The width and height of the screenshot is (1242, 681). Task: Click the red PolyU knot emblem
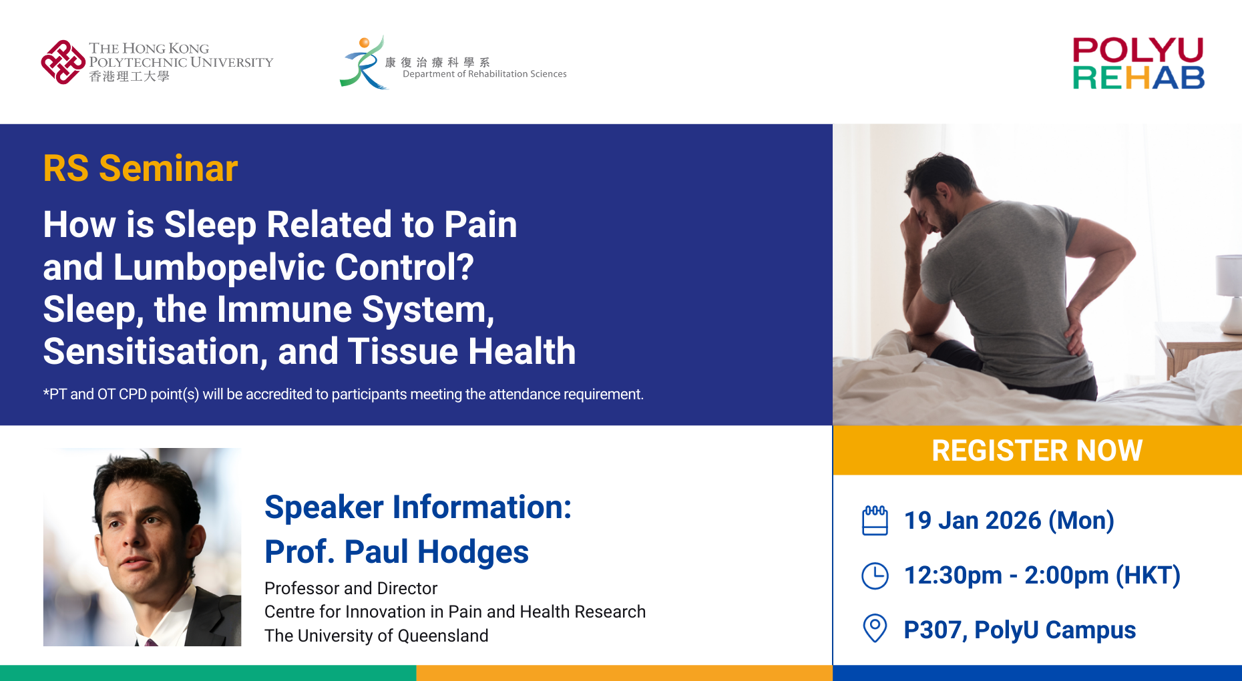[63, 62]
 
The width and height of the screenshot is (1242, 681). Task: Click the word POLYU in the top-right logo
[1138, 50]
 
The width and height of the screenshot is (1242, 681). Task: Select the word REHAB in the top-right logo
[1138, 78]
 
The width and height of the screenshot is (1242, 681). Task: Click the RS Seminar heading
[140, 168]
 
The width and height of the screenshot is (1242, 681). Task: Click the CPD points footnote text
[343, 395]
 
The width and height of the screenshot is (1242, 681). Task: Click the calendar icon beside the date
[875, 520]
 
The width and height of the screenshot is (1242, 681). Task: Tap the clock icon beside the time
[875, 576]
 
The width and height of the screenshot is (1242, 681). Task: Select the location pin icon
[875, 628]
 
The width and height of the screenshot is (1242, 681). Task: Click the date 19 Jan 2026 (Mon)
[1009, 521]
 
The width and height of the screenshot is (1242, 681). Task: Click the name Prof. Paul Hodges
[397, 552]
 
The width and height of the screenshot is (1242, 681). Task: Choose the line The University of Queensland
[377, 636]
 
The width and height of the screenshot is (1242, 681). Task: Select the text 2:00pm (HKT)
[1102, 576]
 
